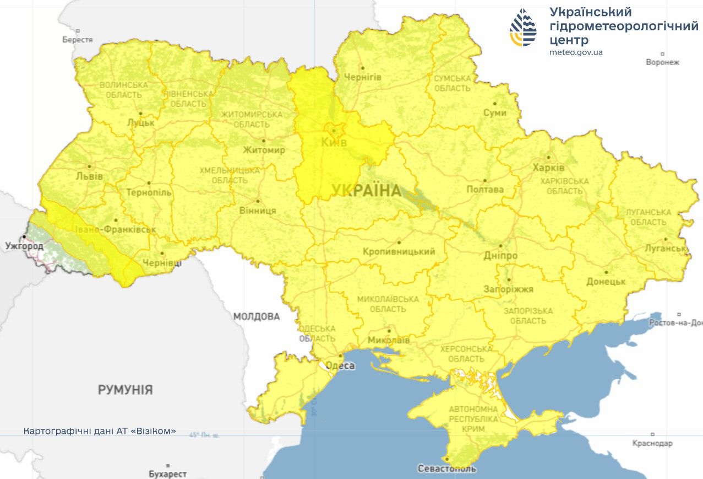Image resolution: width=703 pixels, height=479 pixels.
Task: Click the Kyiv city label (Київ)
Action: tap(334, 143)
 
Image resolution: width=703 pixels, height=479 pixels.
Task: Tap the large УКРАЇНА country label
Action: tap(366, 191)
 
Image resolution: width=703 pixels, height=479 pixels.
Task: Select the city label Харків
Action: tap(548, 168)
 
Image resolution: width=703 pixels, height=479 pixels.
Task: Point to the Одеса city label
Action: tap(340, 365)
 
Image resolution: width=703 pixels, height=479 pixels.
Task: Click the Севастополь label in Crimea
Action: tap(446, 469)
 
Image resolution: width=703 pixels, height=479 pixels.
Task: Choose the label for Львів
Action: tap(90, 176)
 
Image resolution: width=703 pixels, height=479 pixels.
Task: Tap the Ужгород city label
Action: tap(24, 245)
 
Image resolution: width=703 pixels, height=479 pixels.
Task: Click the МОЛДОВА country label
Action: tap(257, 316)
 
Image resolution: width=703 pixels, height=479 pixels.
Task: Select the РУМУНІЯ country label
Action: tap(126, 390)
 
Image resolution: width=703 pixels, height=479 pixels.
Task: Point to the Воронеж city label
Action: tap(663, 62)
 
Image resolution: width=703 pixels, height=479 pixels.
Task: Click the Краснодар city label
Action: tap(652, 443)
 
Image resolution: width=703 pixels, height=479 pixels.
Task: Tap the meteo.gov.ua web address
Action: tap(576, 52)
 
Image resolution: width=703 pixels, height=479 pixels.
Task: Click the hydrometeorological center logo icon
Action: tap(523, 27)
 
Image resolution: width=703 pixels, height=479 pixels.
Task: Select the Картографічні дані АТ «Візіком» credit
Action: tap(100, 431)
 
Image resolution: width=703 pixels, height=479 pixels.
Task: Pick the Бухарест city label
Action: tap(167, 473)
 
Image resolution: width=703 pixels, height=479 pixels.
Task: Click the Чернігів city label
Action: tap(362, 77)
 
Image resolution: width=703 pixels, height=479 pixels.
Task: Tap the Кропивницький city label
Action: tap(399, 251)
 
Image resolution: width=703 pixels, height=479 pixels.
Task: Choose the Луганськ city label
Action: tap(666, 248)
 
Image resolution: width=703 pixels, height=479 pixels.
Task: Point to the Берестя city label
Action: tap(78, 39)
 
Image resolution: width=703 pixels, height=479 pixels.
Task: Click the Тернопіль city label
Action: tap(149, 192)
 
